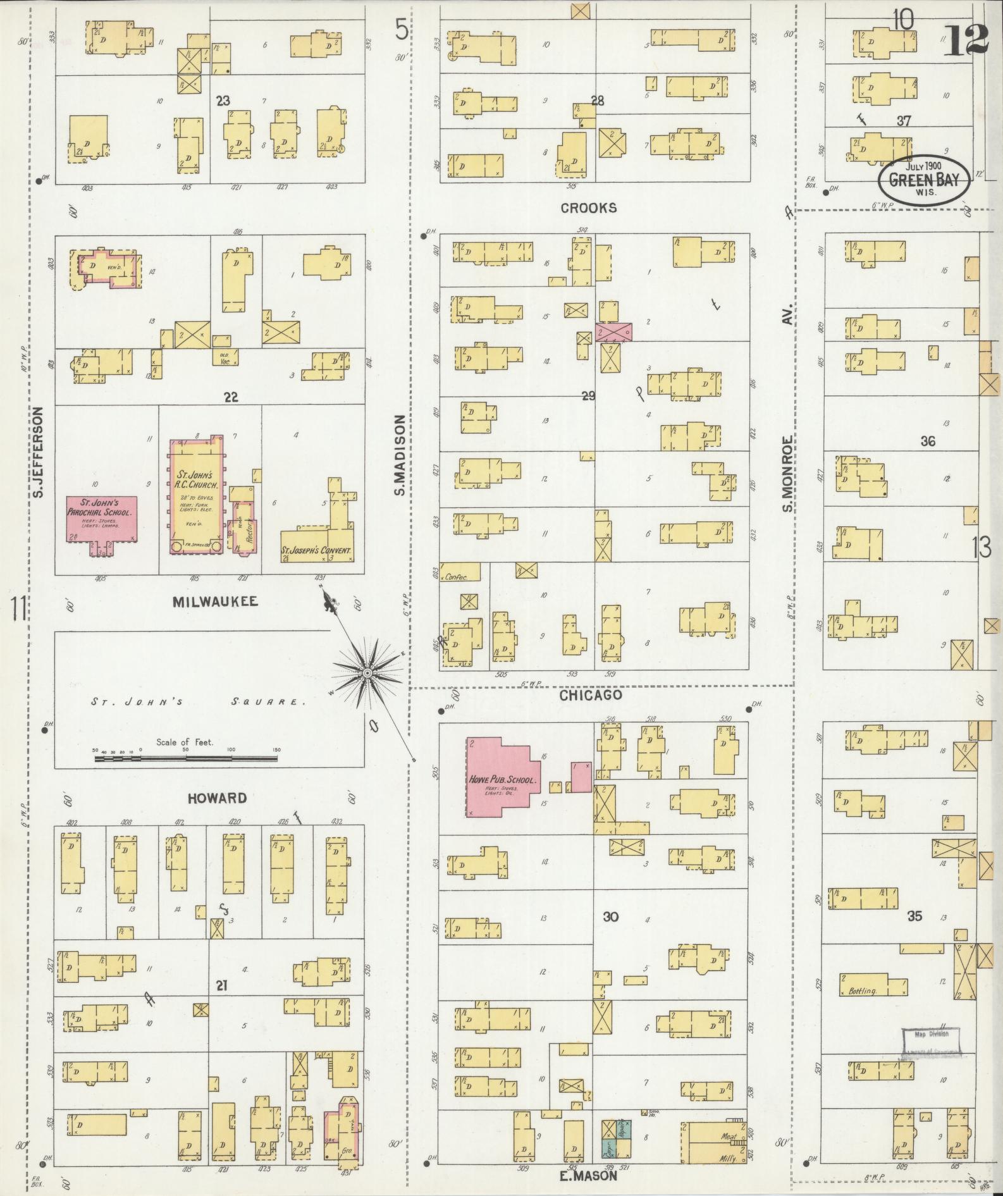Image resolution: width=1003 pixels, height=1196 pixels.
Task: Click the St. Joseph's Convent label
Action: point(316,551)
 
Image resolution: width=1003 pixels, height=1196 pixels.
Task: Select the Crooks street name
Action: point(588,208)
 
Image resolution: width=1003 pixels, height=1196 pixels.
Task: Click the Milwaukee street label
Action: point(216,601)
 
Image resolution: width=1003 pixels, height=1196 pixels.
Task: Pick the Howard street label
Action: point(217,798)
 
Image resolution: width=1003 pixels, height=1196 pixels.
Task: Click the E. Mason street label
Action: point(588,1176)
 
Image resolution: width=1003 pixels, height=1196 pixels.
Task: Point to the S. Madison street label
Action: point(400,455)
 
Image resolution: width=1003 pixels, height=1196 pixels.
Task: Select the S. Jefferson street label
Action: point(39,452)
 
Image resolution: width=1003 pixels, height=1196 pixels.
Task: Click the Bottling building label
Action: point(863,991)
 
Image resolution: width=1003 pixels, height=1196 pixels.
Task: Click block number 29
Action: point(588,397)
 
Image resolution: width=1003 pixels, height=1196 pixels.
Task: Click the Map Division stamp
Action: point(930,1035)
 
